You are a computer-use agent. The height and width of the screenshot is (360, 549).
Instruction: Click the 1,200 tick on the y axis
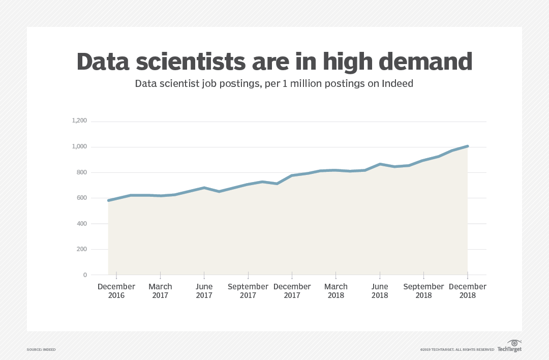80,121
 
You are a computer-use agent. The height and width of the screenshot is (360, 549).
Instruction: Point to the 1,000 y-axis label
80,147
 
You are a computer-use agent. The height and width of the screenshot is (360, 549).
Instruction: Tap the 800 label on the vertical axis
82,172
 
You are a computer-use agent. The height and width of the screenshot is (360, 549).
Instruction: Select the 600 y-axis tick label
82,198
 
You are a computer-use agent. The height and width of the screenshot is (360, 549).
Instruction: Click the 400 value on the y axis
82,224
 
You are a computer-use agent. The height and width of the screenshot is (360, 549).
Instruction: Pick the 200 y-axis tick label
82,249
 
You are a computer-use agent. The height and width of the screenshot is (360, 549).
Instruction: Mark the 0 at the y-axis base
85,275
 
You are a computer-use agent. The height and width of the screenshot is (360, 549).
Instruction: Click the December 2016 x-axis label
116,291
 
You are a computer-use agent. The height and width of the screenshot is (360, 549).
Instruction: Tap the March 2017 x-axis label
160,291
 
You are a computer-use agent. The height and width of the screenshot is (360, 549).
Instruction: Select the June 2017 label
204,291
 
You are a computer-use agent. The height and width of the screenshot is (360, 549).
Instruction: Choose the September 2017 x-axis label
248,291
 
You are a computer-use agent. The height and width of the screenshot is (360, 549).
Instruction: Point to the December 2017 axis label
292,291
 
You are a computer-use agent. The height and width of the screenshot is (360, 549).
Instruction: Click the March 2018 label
336,291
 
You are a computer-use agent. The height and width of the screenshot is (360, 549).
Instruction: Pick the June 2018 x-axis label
380,291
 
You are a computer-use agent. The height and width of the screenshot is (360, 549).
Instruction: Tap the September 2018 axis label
423,291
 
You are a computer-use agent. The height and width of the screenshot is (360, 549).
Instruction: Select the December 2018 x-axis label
468,291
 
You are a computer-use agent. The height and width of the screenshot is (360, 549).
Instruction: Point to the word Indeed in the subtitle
398,83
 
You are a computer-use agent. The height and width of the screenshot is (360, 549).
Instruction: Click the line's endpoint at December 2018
467,146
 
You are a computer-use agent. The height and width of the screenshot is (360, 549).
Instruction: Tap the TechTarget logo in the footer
509,347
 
